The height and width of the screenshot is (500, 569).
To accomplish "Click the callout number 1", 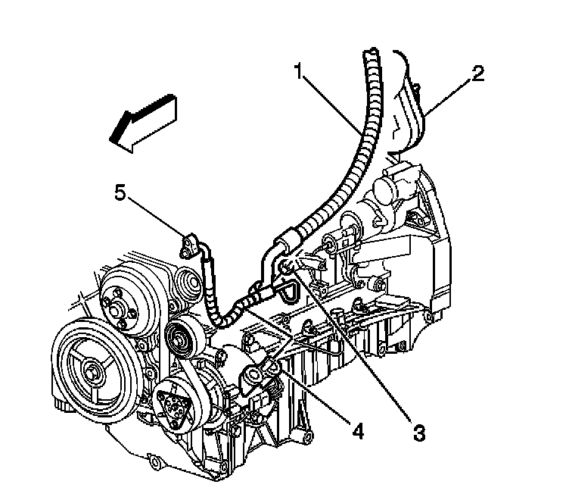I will click(300, 73).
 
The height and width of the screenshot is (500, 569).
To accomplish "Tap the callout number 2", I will click(477, 73).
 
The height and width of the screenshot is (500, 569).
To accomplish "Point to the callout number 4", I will click(358, 433).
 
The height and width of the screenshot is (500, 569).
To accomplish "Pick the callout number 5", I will click(120, 192).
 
